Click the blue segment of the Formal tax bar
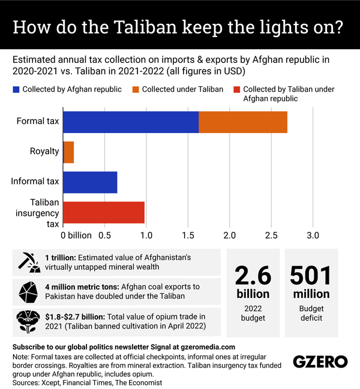pyautogui.click(x=130, y=122)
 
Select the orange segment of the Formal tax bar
pyautogui.click(x=243, y=122)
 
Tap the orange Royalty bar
pyautogui.click(x=68, y=152)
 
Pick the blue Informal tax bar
pyautogui.click(x=90, y=182)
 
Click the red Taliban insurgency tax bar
pyautogui.click(x=104, y=212)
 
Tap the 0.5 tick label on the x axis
pyautogui.click(x=105, y=234)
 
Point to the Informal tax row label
pyautogui.click(x=35, y=182)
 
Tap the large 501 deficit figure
pyautogui.click(x=311, y=275)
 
